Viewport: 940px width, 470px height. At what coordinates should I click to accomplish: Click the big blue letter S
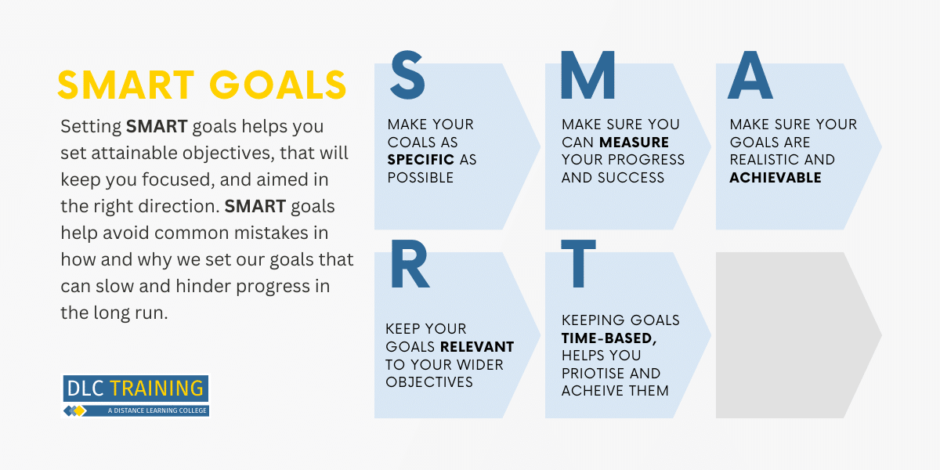click(x=407, y=75)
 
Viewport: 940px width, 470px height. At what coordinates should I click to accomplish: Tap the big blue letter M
click(x=588, y=75)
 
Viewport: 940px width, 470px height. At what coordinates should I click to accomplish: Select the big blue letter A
click(x=750, y=75)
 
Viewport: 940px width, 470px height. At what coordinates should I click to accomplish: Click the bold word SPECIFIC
click(x=421, y=160)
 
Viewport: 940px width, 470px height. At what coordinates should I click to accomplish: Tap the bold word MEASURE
click(x=634, y=143)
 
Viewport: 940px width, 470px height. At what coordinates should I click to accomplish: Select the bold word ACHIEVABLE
click(x=775, y=178)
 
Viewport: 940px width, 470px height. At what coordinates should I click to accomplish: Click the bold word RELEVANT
click(x=477, y=346)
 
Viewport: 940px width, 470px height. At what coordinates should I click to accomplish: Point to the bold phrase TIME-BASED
click(x=609, y=338)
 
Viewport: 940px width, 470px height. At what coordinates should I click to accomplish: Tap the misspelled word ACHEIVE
click(x=591, y=391)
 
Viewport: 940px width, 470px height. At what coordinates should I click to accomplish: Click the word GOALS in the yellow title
click(x=278, y=85)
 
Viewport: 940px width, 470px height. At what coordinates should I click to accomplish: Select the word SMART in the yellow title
click(x=126, y=85)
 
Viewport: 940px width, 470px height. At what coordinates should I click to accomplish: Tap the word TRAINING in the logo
click(x=157, y=389)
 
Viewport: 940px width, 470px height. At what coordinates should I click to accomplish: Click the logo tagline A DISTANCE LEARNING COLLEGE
click(x=157, y=410)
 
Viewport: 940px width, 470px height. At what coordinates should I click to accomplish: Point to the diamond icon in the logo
click(x=74, y=410)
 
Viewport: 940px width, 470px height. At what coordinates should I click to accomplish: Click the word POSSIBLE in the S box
click(x=421, y=178)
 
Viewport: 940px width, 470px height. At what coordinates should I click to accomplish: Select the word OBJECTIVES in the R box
click(x=429, y=382)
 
